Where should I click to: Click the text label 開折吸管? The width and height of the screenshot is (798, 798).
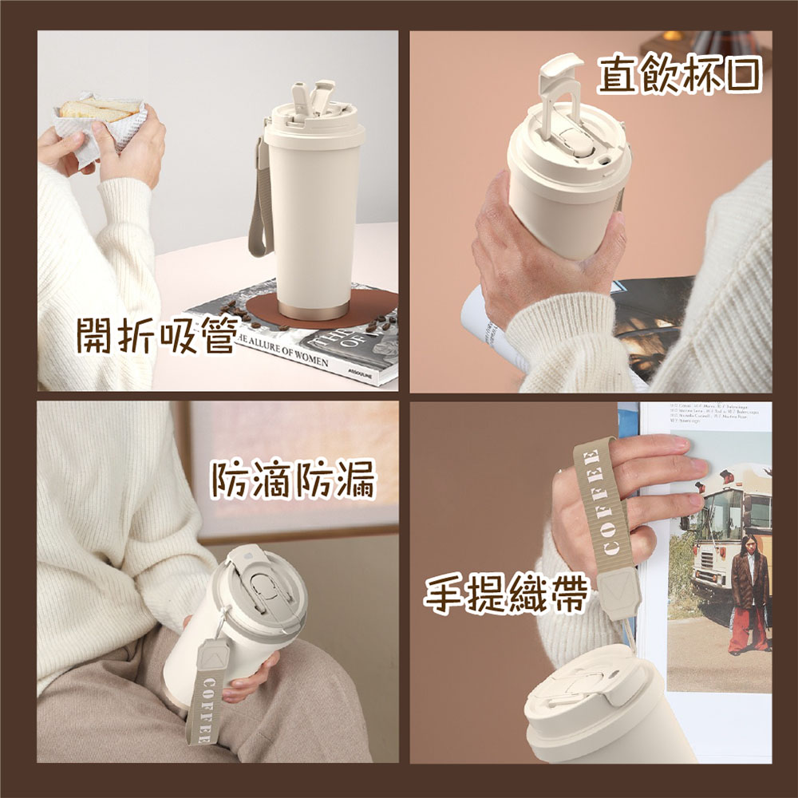(x=156, y=335)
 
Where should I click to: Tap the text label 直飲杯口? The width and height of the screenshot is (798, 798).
(x=680, y=77)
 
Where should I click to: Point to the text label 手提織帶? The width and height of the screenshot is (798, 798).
(x=506, y=595)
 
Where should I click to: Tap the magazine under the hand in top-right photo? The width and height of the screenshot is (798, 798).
(x=646, y=319)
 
